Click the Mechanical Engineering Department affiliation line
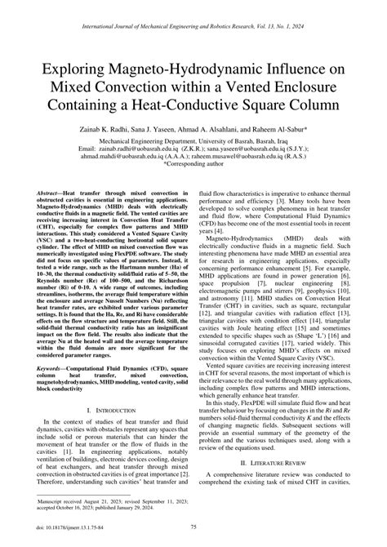click(193, 140)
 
